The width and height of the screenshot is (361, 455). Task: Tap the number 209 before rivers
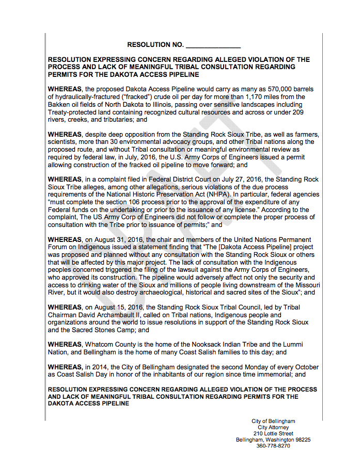coord(297,112)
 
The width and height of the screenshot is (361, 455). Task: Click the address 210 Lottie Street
coord(273,434)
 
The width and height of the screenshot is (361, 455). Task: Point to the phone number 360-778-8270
coord(273,446)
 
